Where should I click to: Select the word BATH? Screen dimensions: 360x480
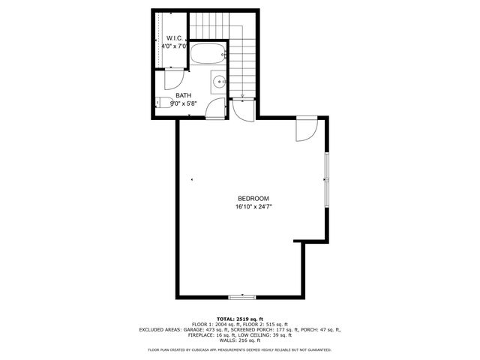pos(184,95)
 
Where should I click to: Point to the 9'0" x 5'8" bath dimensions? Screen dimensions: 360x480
pos(184,103)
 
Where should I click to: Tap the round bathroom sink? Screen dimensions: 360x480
pos(217,81)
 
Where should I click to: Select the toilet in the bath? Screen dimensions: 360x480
pos(160,103)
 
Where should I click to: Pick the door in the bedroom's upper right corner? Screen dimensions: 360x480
pos(306,129)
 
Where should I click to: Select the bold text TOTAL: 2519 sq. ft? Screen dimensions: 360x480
pos(240,318)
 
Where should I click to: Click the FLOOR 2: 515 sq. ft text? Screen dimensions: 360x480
pos(263,323)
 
